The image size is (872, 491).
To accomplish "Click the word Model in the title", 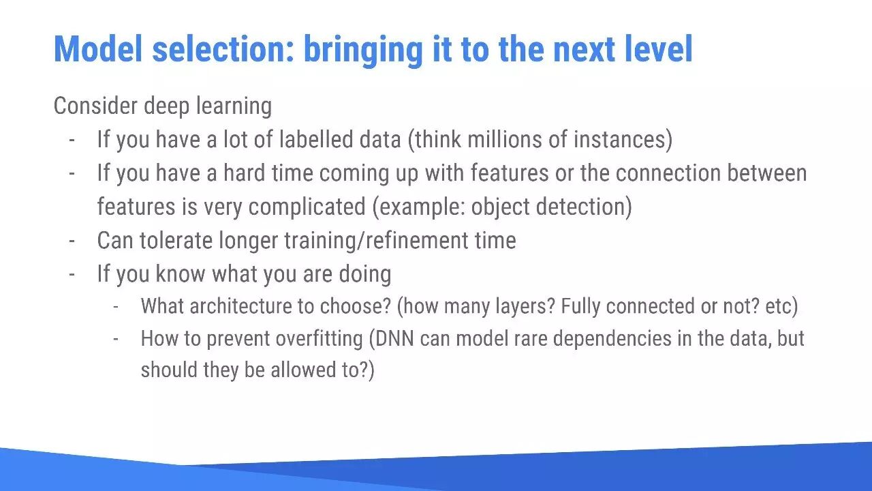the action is [x=98, y=49].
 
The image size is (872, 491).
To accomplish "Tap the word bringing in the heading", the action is [x=364, y=51].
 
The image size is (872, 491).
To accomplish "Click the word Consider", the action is [x=95, y=106].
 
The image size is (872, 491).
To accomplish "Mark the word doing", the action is [x=364, y=275].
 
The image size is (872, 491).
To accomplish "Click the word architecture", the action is [x=241, y=306].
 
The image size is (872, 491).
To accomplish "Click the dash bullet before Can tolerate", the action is [x=72, y=241].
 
